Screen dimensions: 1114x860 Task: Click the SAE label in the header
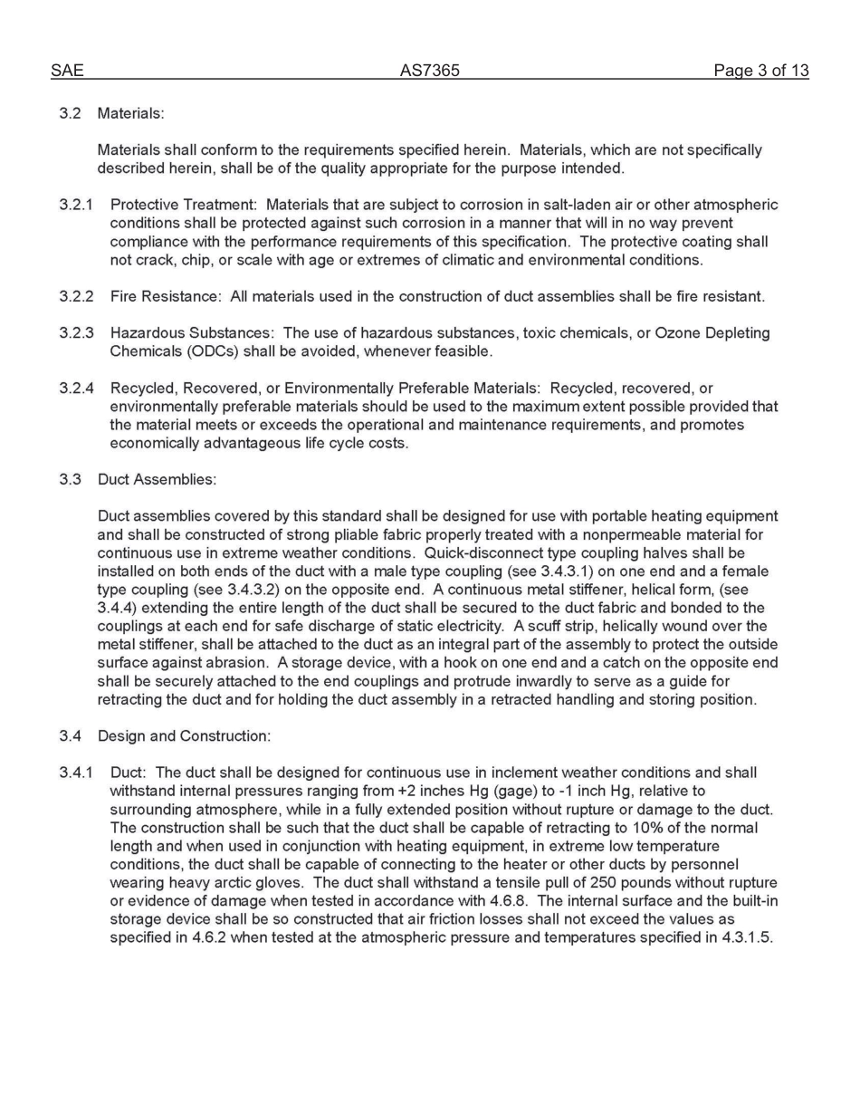(66, 71)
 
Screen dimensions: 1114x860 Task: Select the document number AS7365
(429, 71)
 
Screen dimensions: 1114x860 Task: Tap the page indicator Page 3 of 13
(760, 71)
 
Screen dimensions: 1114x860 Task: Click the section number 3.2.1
(77, 206)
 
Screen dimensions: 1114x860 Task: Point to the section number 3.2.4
(77, 389)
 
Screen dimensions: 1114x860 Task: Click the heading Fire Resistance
(165, 297)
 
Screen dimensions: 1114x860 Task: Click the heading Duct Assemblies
(157, 479)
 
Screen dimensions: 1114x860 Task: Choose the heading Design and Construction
(183, 736)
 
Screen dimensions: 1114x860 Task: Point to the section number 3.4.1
(77, 773)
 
